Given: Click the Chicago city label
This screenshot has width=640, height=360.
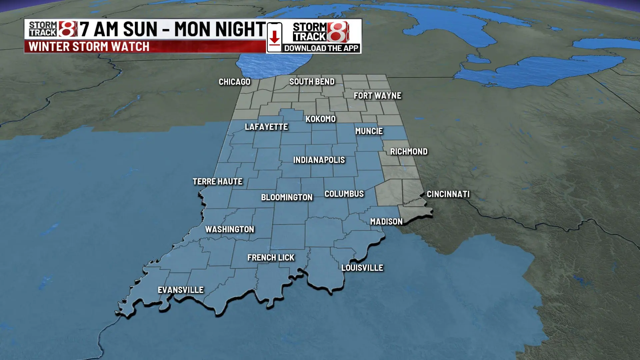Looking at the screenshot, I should (x=234, y=82).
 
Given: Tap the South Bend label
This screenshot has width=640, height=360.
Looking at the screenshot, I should (x=312, y=82).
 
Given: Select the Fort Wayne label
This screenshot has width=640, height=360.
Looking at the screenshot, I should (x=377, y=96).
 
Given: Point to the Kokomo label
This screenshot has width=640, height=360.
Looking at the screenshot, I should (x=320, y=119).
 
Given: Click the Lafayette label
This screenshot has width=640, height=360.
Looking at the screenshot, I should (x=266, y=127).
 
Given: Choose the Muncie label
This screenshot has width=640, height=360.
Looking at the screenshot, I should (x=369, y=131).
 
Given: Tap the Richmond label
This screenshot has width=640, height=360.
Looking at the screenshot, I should (x=409, y=152).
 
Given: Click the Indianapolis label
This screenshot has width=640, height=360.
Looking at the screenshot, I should (x=319, y=160).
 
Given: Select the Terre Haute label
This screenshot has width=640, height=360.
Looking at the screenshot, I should (x=217, y=182).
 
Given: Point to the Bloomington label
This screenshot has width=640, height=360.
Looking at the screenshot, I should (x=287, y=197).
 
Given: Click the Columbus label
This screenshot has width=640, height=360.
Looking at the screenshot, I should (x=344, y=194).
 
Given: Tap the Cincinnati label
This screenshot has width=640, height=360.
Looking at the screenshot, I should (x=448, y=194).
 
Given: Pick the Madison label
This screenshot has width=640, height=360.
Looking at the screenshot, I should (x=386, y=222).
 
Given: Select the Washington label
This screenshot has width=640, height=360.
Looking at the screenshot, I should (x=229, y=229).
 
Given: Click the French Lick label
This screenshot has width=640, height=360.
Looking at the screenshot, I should (x=271, y=258).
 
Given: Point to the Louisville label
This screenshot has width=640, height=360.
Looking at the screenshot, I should (x=362, y=268).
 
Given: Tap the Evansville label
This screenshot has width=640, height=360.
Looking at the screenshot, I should (x=180, y=290).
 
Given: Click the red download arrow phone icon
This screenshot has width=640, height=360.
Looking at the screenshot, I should (x=274, y=37).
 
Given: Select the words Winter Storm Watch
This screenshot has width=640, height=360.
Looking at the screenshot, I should (x=89, y=47).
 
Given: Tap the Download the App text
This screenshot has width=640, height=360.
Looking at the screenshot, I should (x=321, y=48).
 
